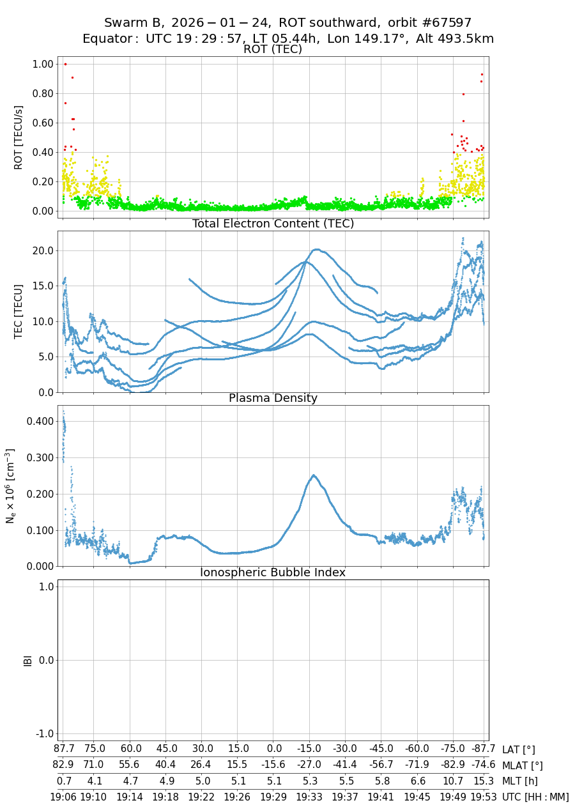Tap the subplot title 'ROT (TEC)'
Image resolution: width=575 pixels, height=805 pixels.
coord(273,49)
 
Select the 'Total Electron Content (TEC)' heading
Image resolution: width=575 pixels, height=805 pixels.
coord(273,224)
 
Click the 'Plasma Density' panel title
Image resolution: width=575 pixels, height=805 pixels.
coord(273,398)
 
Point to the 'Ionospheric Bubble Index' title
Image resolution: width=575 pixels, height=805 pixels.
coord(273,572)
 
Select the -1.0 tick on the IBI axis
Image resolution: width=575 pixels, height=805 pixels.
coord(41,733)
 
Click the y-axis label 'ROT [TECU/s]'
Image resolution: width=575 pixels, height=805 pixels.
coord(18,137)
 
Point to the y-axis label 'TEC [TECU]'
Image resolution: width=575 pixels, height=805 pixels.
coord(18,312)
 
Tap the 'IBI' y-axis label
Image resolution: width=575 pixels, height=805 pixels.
coord(27,660)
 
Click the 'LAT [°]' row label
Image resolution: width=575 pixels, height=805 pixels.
coord(518,749)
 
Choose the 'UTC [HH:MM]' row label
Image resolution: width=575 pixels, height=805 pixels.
coord(535,797)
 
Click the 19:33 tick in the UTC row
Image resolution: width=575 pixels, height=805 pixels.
coord(309,797)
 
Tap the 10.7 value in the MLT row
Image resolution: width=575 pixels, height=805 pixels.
coord(454,781)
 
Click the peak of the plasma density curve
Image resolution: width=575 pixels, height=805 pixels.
coord(314,475)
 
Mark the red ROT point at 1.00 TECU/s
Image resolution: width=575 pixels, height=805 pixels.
coord(65,64)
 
